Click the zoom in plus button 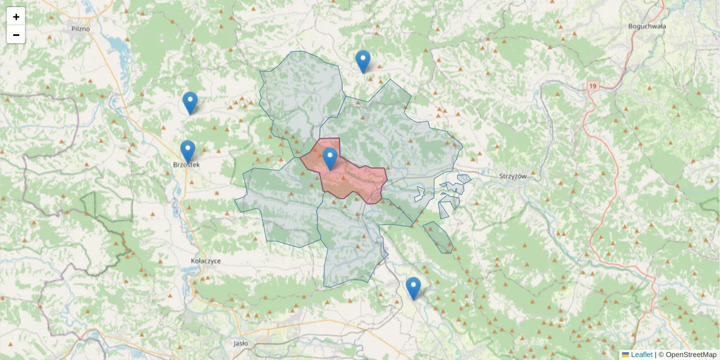pyautogui.click(x=16, y=16)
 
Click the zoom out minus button pyautogui.click(x=16, y=35)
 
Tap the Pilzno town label pyautogui.click(x=80, y=28)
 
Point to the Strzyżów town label pyautogui.click(x=512, y=176)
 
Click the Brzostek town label pyautogui.click(x=186, y=164)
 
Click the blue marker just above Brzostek pyautogui.click(x=188, y=152)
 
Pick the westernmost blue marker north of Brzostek pyautogui.click(x=190, y=103)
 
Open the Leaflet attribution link pyautogui.click(x=641, y=355)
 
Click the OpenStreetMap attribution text pyautogui.click(x=691, y=355)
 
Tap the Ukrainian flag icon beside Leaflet pyautogui.click(x=625, y=355)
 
